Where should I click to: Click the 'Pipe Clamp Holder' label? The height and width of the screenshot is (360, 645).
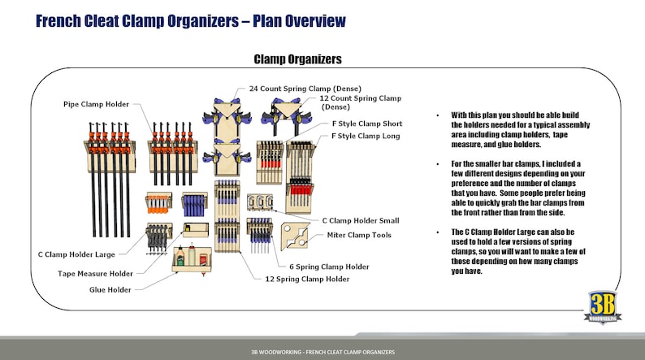94,104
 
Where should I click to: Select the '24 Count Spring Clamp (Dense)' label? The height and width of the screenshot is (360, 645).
305,88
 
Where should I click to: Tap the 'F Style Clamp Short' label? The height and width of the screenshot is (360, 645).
366,124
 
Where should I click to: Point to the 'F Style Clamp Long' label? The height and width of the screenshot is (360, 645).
366,136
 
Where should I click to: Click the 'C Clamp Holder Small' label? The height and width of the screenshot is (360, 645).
360,220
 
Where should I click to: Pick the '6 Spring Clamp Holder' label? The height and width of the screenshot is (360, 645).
329,267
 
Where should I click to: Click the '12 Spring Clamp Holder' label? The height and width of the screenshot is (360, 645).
309,279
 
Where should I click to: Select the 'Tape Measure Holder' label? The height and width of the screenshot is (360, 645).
95,274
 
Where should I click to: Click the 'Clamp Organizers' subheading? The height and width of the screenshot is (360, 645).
297,59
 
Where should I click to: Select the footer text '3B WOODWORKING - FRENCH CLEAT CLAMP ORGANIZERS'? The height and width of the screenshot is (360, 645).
322,352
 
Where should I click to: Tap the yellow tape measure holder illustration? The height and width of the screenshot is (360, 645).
196,231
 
